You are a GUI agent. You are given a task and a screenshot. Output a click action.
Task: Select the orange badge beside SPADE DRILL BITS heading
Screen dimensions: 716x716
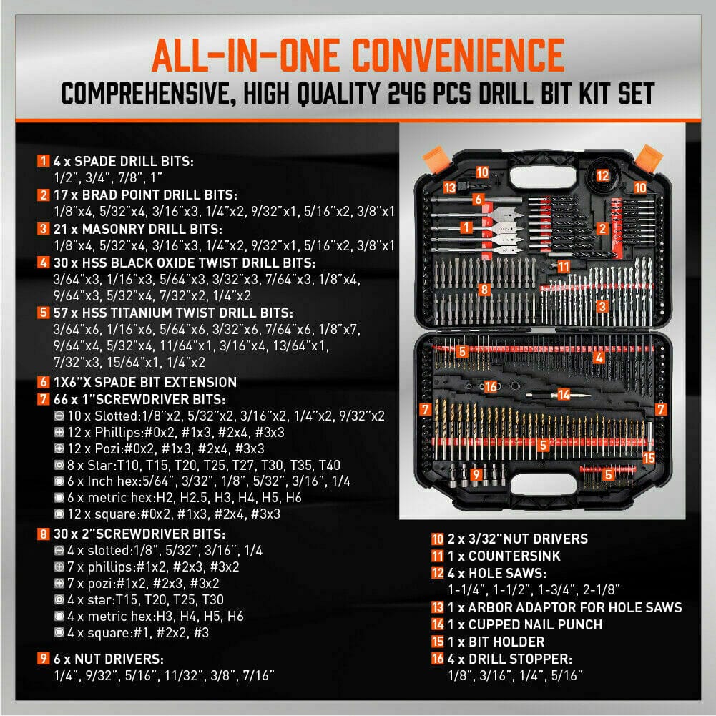[44, 160]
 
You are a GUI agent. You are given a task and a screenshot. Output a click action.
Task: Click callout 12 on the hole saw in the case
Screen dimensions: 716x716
[603, 175]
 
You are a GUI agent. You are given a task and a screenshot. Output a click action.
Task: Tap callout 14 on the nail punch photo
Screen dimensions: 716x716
[563, 393]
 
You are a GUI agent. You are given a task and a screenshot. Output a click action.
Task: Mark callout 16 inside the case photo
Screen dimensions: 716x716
[490, 386]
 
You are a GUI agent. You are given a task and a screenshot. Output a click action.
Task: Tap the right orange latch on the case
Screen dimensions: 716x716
[648, 156]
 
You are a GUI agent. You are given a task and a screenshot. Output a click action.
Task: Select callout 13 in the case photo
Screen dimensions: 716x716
[449, 187]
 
